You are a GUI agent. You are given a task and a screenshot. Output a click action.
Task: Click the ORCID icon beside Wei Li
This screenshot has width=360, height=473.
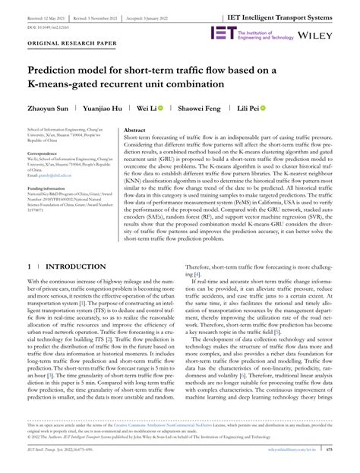tap(160, 109)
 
